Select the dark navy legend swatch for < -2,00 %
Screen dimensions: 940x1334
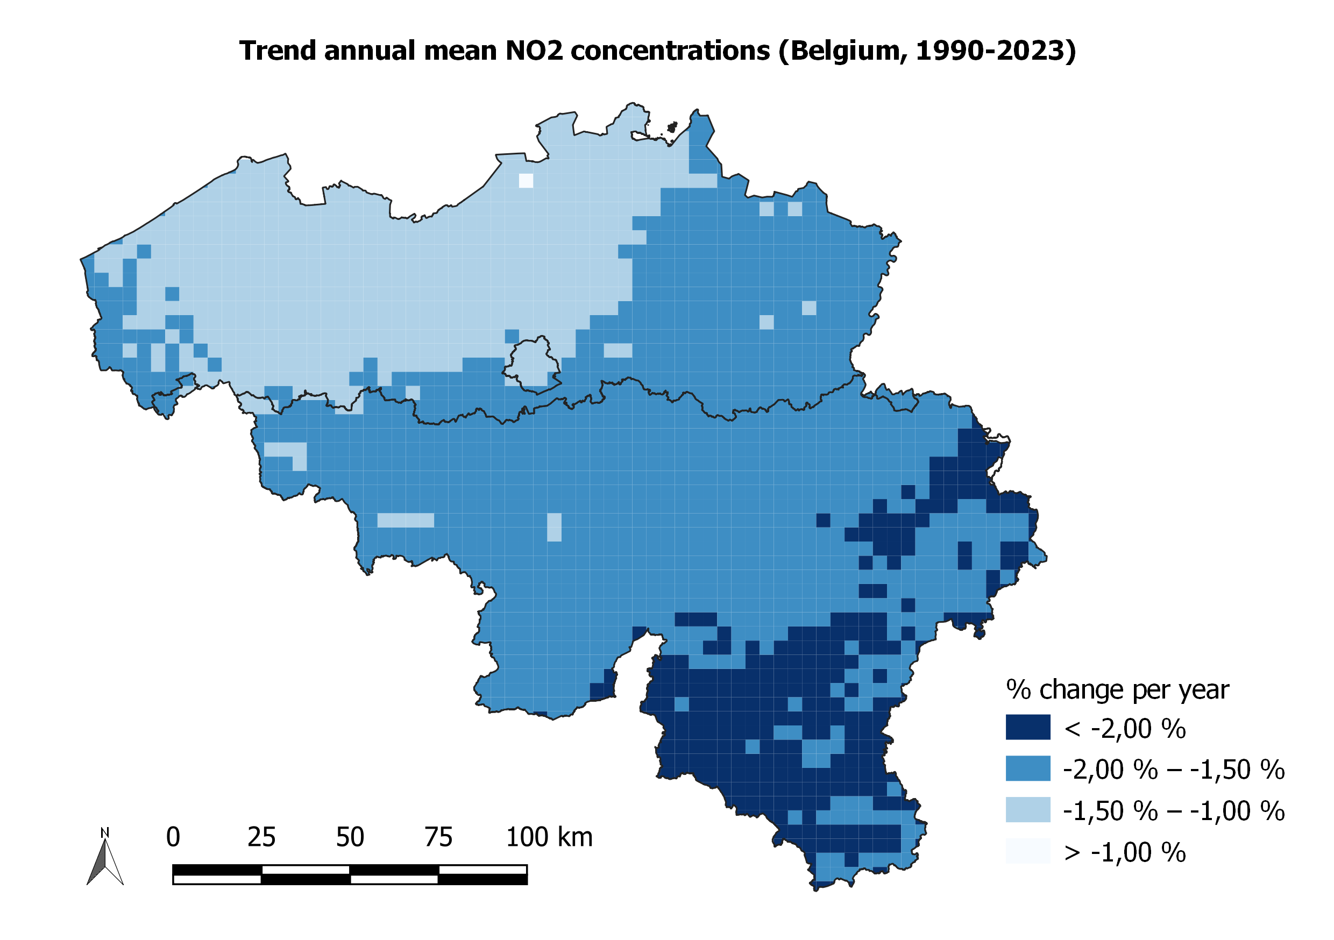click(x=1028, y=727)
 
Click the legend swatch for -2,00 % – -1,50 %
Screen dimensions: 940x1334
click(x=1028, y=768)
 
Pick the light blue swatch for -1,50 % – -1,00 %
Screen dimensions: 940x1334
click(x=1028, y=809)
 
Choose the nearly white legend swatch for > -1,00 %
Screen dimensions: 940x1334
click(x=1028, y=851)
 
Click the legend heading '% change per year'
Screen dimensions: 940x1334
click(x=1117, y=690)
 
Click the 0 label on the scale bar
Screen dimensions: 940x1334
click(x=173, y=837)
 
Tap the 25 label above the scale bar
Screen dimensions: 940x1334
click(x=261, y=837)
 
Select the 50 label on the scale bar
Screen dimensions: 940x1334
click(x=350, y=837)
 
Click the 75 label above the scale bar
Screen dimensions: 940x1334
click(x=438, y=837)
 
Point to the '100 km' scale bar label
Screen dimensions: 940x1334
click(x=549, y=837)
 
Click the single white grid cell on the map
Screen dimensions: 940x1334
click(x=526, y=181)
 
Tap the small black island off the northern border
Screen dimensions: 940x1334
click(x=672, y=127)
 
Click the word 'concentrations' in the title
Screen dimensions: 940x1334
click(x=670, y=51)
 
